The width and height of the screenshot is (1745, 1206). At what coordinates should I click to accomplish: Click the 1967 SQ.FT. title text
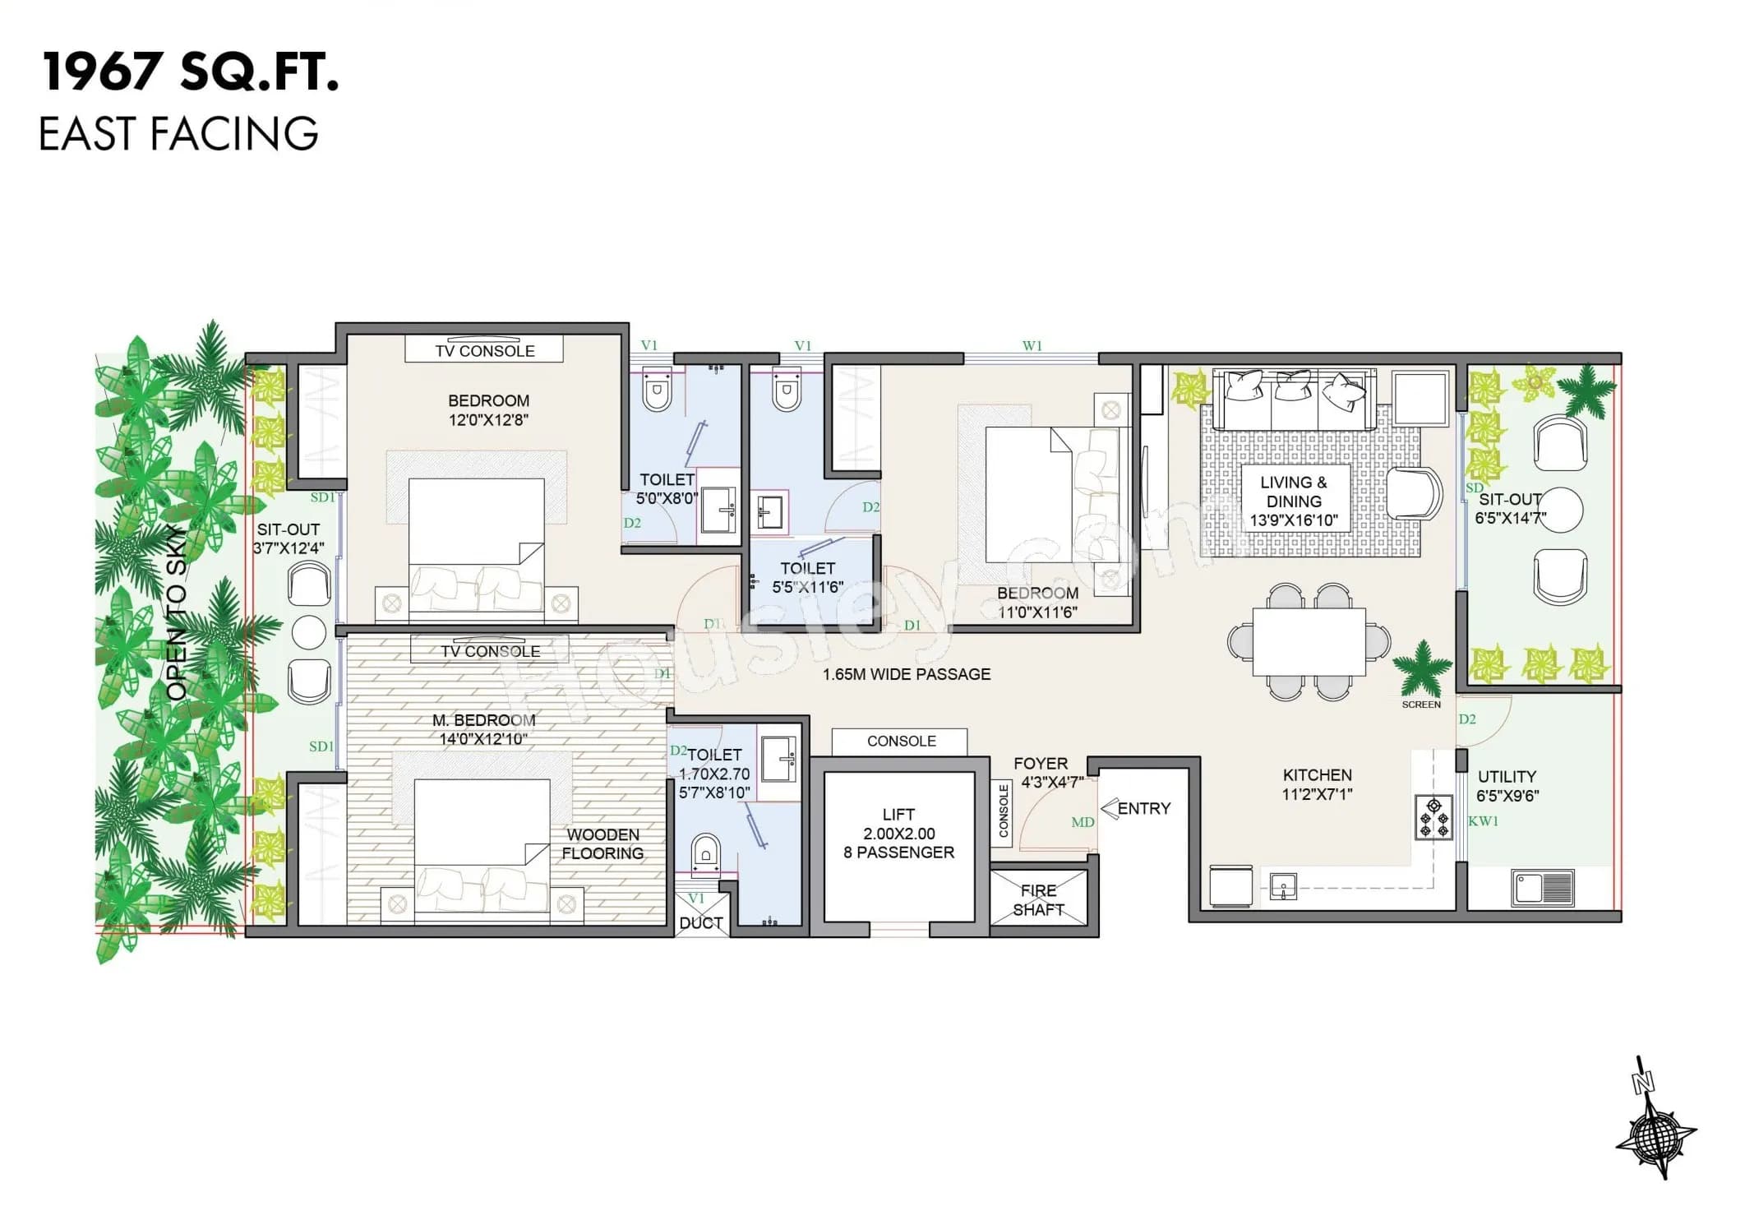[x=190, y=72]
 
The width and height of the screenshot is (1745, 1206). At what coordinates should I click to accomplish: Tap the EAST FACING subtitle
[x=178, y=134]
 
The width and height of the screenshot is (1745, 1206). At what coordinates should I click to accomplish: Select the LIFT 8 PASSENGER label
[x=898, y=834]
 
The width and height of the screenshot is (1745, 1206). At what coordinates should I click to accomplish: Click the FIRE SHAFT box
[x=1038, y=900]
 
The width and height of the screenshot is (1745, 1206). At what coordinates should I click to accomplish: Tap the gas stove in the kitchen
[x=1433, y=818]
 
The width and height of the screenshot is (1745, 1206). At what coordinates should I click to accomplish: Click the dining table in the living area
[x=1309, y=642]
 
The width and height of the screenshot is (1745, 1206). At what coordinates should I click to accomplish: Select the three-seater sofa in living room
[x=1294, y=400]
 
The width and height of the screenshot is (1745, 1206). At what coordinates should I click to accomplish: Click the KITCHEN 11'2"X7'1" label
[x=1317, y=784]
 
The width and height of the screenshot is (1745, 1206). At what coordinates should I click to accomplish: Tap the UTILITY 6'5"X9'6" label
[x=1507, y=786]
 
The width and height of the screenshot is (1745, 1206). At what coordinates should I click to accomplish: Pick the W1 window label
[x=1032, y=346]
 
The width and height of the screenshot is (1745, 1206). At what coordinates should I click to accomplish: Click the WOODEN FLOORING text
[x=602, y=844]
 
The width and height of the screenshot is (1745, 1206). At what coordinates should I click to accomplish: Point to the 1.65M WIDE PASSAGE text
[x=907, y=674]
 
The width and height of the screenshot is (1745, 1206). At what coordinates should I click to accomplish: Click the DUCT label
[x=701, y=923]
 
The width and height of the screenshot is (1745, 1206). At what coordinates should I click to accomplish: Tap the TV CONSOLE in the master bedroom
[x=491, y=651]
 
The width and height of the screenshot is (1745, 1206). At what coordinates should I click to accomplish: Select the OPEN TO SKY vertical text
[x=177, y=612]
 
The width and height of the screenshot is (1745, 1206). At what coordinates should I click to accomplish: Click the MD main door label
[x=1083, y=822]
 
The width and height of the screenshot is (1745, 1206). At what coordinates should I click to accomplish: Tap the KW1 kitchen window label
[x=1484, y=821]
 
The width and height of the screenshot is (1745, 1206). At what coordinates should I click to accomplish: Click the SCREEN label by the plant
[x=1421, y=705]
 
